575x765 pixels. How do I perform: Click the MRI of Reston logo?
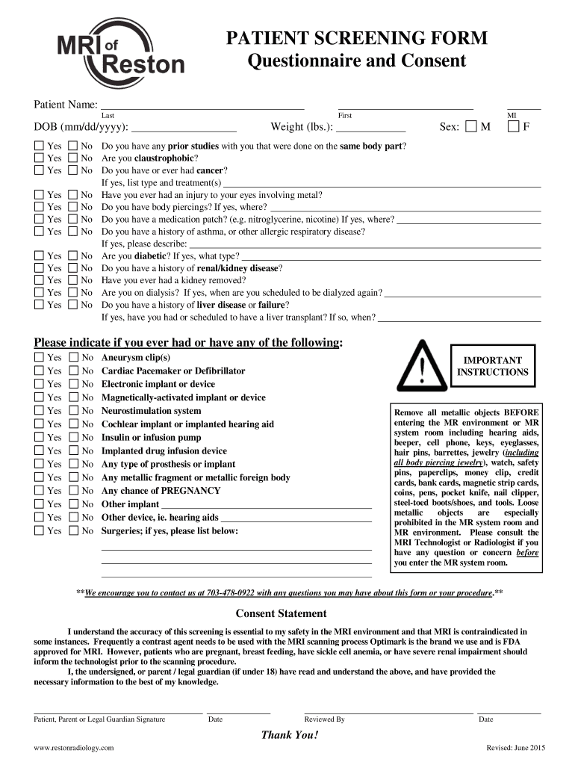point(119,55)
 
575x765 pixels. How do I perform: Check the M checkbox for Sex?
point(470,127)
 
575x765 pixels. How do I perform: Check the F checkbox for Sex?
point(513,127)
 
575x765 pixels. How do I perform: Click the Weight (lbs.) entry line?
point(371,128)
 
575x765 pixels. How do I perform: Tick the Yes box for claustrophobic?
point(39,158)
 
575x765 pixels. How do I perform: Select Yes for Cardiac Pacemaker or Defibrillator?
point(39,371)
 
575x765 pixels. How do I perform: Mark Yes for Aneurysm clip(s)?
point(39,358)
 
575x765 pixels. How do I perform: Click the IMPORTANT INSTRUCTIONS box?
point(492,366)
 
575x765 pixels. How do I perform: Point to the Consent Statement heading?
point(282,613)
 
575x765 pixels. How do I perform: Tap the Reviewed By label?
point(324,719)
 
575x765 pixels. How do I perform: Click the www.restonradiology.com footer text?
point(74,748)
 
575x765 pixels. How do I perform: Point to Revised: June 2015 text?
point(516,748)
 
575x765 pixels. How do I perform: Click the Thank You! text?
point(289,735)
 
